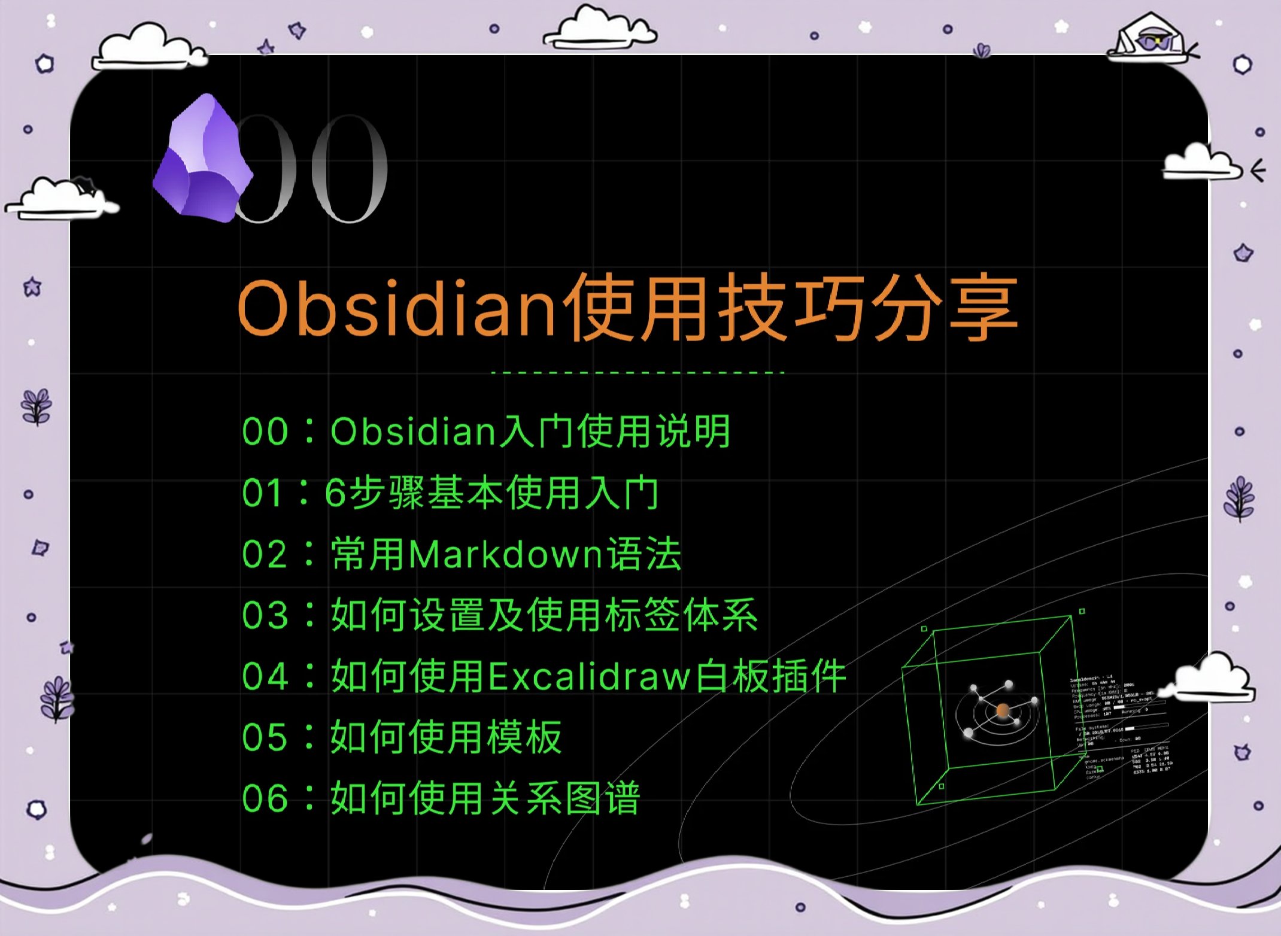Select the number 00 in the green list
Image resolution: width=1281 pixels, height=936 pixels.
265,431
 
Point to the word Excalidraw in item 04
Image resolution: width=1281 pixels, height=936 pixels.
589,677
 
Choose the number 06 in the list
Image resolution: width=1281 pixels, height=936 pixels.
265,799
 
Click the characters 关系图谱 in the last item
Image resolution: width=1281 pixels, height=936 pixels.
565,799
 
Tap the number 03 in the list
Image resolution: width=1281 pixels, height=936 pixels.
265,616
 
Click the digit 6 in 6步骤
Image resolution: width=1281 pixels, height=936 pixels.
336,494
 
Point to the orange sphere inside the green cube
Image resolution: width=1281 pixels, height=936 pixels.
1003,710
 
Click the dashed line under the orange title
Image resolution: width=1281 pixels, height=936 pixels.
637,373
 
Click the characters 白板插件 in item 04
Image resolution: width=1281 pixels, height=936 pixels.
772,677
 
